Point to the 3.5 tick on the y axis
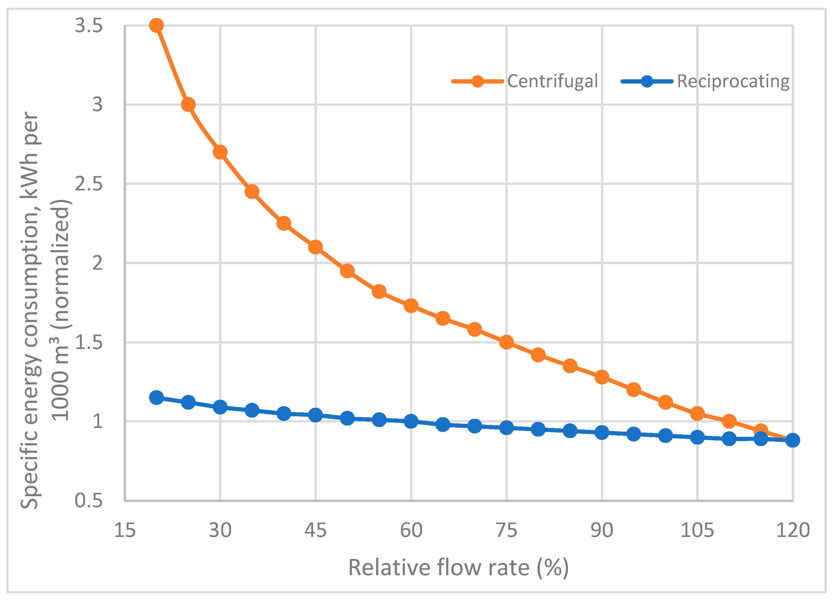[x=88, y=25]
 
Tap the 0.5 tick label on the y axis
[x=88, y=501]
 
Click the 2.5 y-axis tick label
[x=88, y=184]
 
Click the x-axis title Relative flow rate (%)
[x=458, y=568]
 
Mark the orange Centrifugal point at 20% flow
[x=156, y=25]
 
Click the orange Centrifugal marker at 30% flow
[x=220, y=152]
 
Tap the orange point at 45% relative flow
[x=316, y=247]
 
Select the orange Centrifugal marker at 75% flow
[x=506, y=342]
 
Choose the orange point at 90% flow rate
[x=602, y=377]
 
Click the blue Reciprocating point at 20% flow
[x=156, y=398]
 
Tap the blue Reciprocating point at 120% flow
[x=793, y=440]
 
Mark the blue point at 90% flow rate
[x=602, y=433]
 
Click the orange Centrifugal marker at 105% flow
[x=697, y=414]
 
